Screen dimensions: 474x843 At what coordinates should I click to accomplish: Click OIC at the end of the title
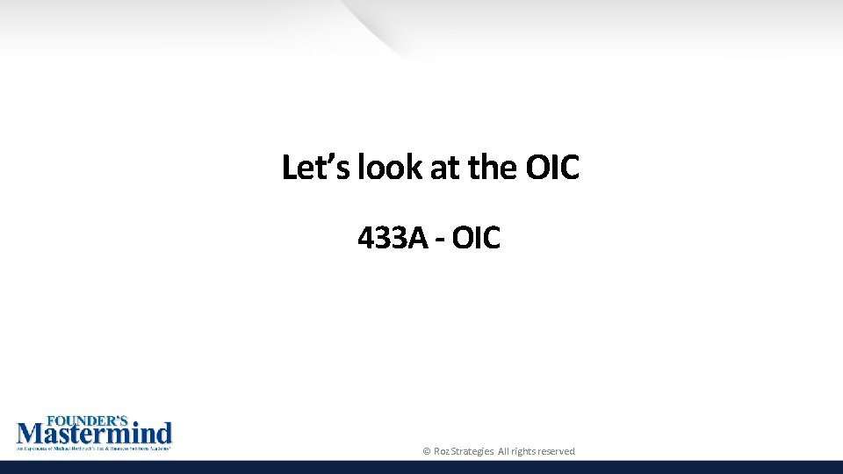tap(553, 167)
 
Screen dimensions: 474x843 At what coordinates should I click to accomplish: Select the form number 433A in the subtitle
tap(389, 237)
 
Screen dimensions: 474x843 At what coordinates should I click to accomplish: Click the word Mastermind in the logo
tap(95, 434)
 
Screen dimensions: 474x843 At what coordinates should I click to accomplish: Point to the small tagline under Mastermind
tap(93, 449)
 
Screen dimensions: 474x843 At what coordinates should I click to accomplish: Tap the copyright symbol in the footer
tap(427, 451)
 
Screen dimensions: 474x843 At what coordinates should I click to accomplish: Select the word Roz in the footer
tap(441, 451)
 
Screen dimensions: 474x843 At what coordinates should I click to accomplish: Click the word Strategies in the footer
tap(472, 451)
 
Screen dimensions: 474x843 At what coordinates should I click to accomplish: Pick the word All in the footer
tap(504, 451)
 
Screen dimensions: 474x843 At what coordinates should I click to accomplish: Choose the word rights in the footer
tap(525, 451)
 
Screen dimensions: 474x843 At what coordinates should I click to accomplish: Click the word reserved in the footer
tap(558, 451)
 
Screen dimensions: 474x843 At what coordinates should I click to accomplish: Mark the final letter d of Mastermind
tap(164, 434)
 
